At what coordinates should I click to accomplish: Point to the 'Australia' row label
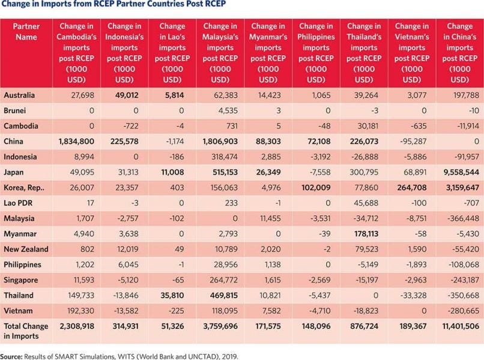point(20,95)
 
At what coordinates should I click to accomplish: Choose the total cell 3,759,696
point(217,327)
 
